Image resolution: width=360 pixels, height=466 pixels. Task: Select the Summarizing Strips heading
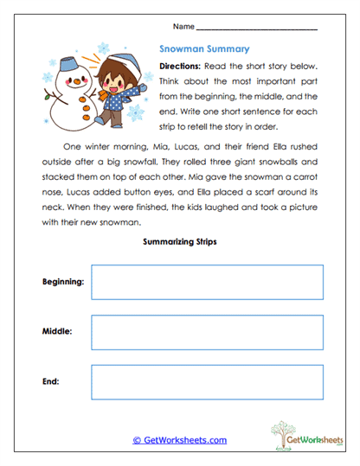click(x=180, y=243)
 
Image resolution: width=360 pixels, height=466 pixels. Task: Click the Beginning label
click(x=62, y=282)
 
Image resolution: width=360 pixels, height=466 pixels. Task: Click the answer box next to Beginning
click(x=207, y=282)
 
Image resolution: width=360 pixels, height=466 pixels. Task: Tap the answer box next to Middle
click(x=207, y=332)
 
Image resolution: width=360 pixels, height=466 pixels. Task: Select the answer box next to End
click(x=207, y=381)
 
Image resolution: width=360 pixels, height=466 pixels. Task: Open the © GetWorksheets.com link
click(x=179, y=440)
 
